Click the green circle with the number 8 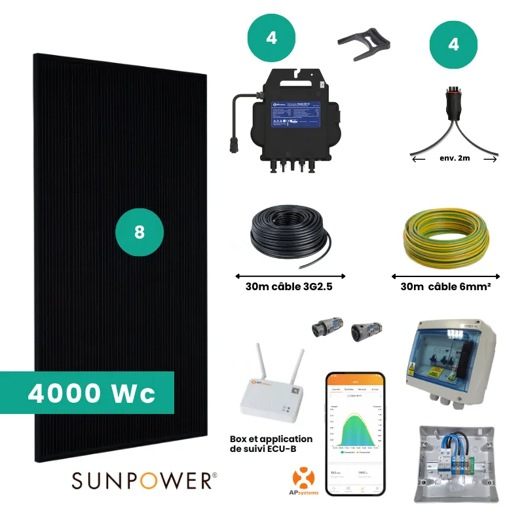pyautogui.click(x=139, y=233)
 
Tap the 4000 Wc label pyautogui.click(x=92, y=393)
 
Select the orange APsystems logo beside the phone pyautogui.click(x=303, y=481)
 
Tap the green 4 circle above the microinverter pyautogui.click(x=271, y=37)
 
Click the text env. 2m pyautogui.click(x=455, y=157)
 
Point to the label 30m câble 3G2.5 pyautogui.click(x=290, y=287)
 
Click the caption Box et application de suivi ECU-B pyautogui.click(x=271, y=444)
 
